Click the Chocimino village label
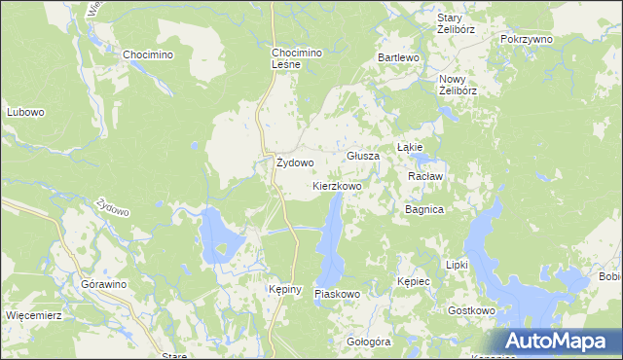point(147,55)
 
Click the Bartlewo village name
point(398,58)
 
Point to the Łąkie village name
point(409,147)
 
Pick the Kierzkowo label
point(338,185)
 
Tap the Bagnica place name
point(424,209)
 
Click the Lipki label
point(457,265)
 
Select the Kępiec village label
point(414,280)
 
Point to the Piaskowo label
point(338,293)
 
